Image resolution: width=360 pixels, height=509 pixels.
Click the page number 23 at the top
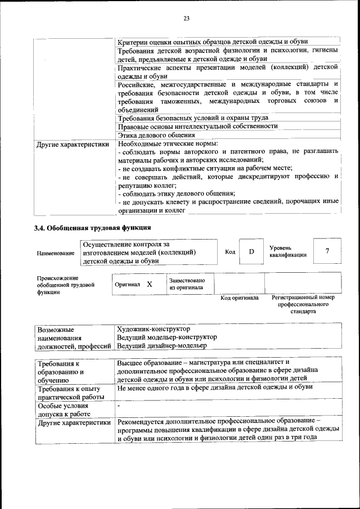(x=186, y=19)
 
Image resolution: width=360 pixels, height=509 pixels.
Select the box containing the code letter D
(x=251, y=251)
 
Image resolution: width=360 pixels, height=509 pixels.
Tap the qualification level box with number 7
(x=327, y=251)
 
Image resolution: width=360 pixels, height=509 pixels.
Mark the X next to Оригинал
(x=150, y=285)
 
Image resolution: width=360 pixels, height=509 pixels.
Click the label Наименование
(x=55, y=254)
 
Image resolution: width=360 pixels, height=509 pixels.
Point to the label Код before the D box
(x=230, y=251)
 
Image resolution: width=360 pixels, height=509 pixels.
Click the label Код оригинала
(x=239, y=298)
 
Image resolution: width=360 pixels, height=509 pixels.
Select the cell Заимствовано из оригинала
(x=187, y=284)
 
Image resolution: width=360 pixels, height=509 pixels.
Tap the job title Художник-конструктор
(x=153, y=328)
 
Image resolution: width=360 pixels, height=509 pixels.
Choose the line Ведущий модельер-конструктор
(x=167, y=337)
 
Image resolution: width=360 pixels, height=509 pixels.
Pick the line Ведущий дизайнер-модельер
(x=162, y=346)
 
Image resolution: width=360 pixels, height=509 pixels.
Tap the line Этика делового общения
(x=156, y=135)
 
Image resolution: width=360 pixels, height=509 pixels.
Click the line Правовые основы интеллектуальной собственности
(x=197, y=127)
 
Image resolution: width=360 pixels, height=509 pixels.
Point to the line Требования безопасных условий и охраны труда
(x=196, y=118)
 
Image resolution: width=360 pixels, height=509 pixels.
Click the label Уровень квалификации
(x=287, y=251)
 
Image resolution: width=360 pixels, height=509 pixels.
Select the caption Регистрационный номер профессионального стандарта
(x=303, y=304)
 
